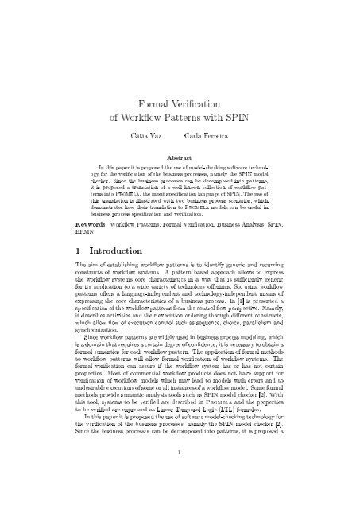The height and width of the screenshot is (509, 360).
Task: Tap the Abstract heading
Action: tap(180, 158)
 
